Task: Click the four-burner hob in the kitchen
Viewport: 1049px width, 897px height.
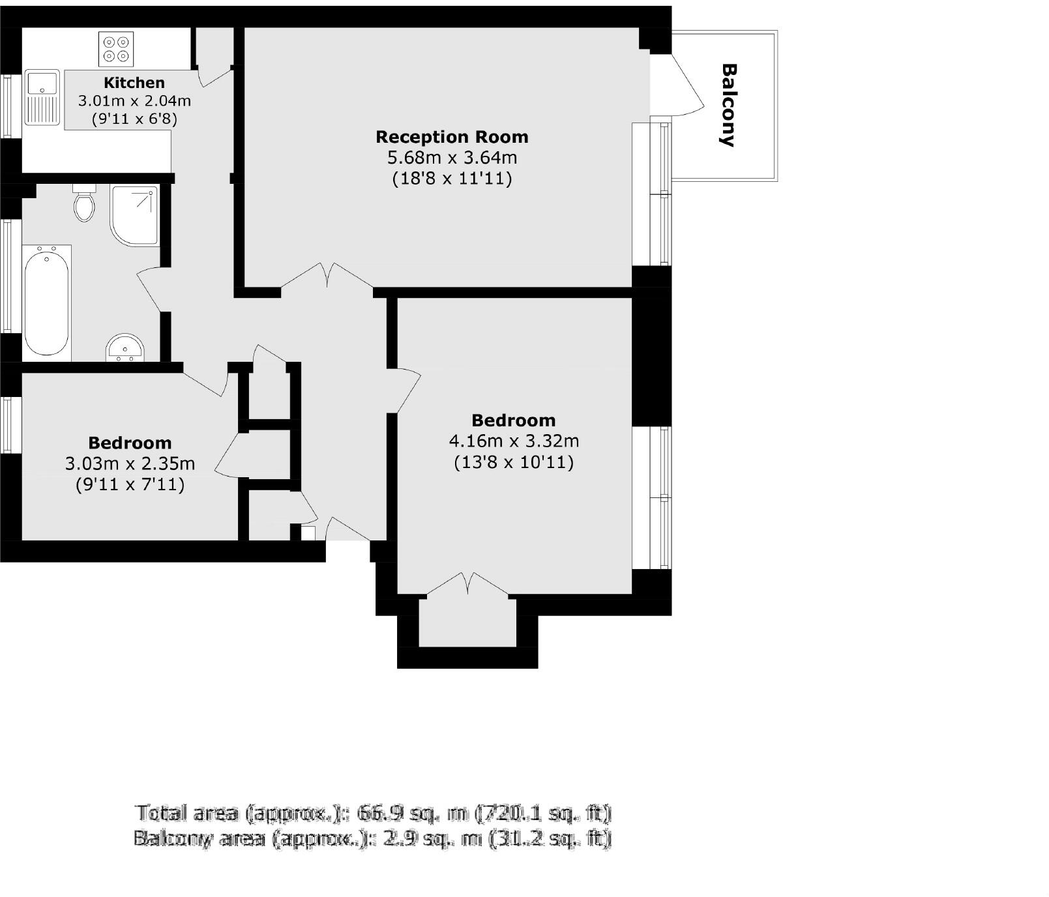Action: click(x=116, y=49)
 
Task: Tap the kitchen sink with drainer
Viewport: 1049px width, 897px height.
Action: click(x=42, y=98)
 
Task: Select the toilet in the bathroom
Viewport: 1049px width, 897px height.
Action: click(x=84, y=204)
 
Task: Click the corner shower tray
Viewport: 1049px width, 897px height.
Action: click(x=134, y=215)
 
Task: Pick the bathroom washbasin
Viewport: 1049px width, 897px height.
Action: click(x=124, y=348)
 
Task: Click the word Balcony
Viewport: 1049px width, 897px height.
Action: click(x=728, y=105)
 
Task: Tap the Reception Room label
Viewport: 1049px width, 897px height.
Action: click(x=452, y=137)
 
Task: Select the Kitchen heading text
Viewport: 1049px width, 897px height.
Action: click(x=134, y=83)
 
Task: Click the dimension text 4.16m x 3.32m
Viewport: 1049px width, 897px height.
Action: click(x=514, y=441)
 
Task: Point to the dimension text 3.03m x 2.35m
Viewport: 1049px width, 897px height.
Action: click(x=130, y=464)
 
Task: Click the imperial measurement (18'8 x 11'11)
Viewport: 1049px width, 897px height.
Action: click(x=452, y=179)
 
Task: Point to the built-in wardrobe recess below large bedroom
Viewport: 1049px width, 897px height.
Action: click(x=467, y=623)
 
